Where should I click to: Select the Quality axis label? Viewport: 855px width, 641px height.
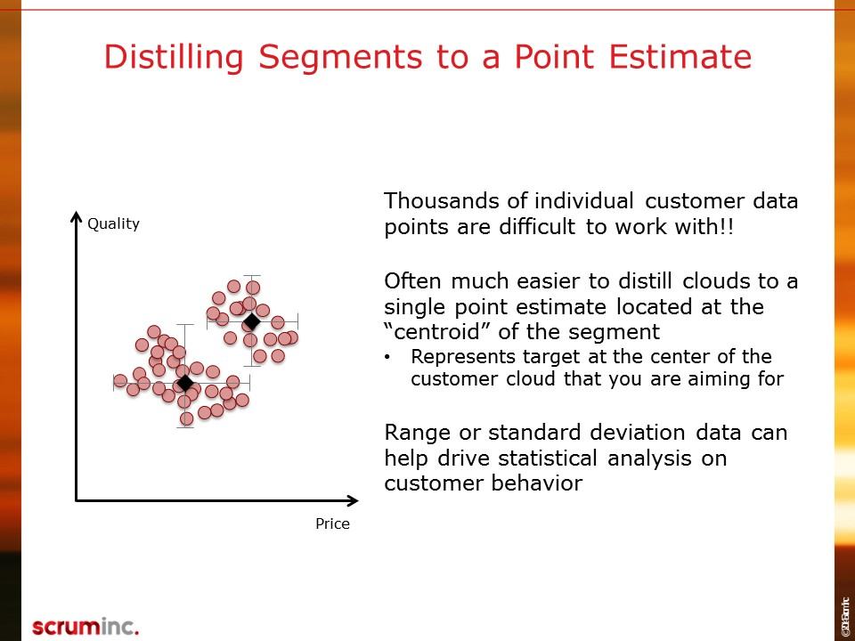113,223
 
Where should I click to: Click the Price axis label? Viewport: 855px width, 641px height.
332,523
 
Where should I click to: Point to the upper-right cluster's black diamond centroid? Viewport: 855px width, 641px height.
251,320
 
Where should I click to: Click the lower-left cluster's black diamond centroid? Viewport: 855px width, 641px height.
184,383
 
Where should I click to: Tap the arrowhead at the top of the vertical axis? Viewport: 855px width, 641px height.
77,218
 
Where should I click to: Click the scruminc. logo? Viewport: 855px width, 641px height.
85,626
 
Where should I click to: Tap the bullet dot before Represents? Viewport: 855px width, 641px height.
387,357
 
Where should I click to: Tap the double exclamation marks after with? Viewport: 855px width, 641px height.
728,227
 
